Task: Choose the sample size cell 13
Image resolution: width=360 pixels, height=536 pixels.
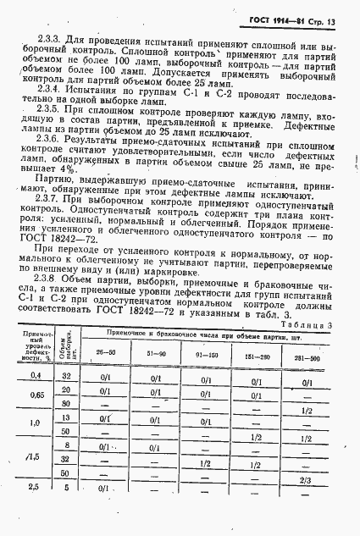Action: pos(65,449)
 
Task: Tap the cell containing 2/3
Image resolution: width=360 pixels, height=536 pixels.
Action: pos(307,504)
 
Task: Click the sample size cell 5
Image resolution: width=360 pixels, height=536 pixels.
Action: pos(65,511)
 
